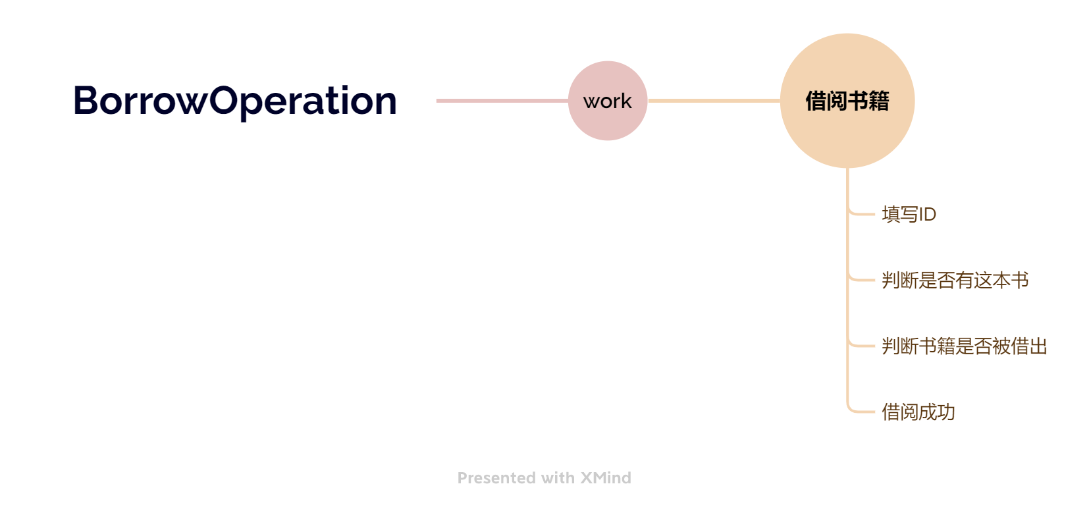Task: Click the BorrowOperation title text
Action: [235, 101]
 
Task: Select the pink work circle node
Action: [608, 101]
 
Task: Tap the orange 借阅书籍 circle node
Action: [847, 101]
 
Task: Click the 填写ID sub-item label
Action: [909, 215]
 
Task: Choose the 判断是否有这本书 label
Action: [955, 281]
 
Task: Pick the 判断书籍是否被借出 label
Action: [965, 346]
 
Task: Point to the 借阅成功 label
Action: [918, 412]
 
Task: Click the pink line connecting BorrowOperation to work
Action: [502, 101]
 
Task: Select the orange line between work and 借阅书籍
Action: [714, 101]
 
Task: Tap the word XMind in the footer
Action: [606, 478]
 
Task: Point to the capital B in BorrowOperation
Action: [86, 101]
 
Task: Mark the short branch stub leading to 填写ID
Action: [861, 213]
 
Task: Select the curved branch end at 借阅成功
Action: [859, 409]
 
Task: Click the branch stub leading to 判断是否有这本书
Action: [861, 280]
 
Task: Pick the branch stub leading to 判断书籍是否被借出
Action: [861, 346]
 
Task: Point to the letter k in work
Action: [626, 101]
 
